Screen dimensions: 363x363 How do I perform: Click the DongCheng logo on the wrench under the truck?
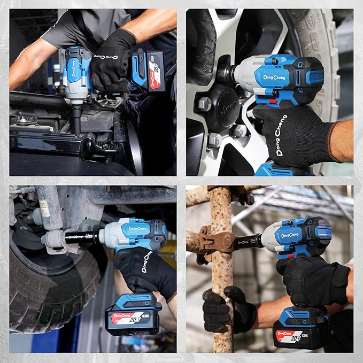point(137,229)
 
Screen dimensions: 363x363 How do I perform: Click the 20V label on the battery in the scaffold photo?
point(295,337)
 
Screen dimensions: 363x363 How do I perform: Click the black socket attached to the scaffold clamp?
point(250,242)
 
